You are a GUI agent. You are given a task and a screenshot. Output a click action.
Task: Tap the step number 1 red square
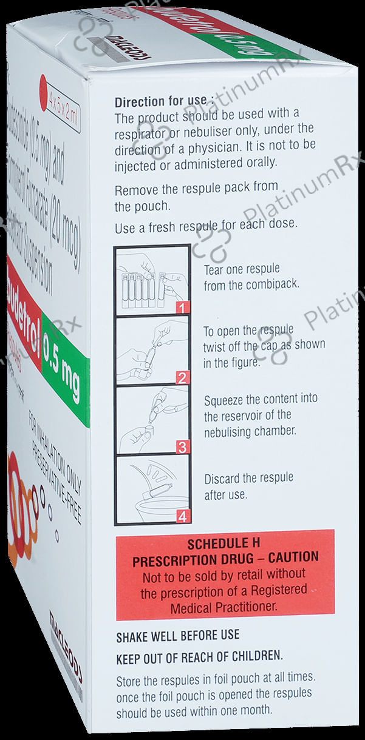tap(180, 308)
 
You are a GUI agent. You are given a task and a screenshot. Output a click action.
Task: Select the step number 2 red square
tap(180, 378)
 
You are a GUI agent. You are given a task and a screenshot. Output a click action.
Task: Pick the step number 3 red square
tap(180, 448)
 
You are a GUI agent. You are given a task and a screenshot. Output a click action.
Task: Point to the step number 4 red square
tap(180, 517)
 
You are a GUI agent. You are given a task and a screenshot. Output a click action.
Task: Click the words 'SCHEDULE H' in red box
tap(225, 543)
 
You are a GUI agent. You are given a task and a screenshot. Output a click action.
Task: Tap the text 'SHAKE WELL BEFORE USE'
tap(178, 636)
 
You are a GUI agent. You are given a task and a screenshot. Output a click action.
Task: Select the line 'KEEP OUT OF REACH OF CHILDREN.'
tap(200, 657)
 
